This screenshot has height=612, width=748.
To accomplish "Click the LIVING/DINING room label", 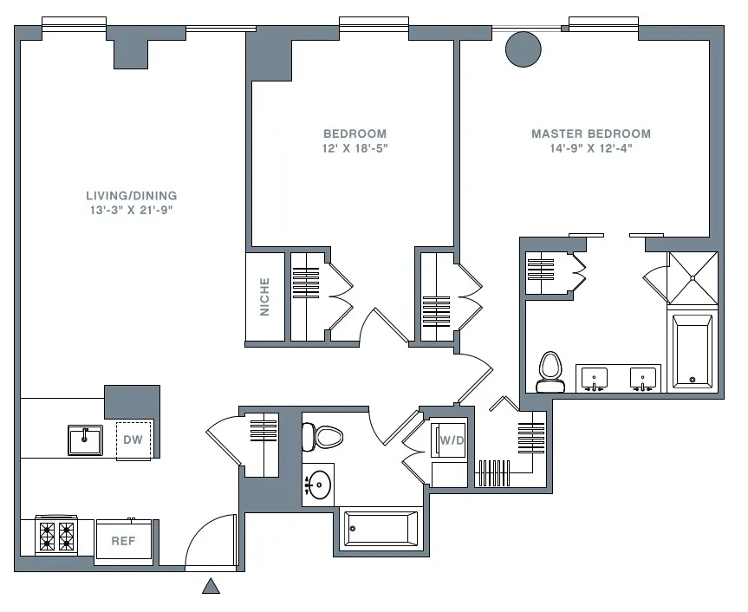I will [x=131, y=195].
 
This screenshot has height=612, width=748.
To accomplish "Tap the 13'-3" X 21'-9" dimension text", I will [x=131, y=210].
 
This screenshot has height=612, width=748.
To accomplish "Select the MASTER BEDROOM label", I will [x=590, y=133].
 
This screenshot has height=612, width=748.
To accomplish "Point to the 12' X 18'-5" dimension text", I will [x=354, y=148].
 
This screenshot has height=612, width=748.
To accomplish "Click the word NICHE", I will [x=265, y=296].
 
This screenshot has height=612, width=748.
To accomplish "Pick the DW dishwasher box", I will [x=133, y=439].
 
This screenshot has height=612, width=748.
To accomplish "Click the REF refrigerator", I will [x=123, y=540].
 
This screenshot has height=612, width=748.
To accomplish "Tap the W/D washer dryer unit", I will [x=452, y=439].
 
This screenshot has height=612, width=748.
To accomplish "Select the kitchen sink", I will [x=85, y=439].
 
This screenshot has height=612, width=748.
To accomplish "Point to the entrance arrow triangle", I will [x=211, y=587].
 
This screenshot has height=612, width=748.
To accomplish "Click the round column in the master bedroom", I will [x=523, y=49].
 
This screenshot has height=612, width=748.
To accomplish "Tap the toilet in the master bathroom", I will [x=550, y=369].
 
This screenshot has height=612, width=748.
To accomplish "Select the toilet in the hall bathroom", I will [x=326, y=436].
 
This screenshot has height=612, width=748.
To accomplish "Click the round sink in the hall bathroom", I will [x=320, y=484].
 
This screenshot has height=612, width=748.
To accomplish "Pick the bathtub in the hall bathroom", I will [x=381, y=527].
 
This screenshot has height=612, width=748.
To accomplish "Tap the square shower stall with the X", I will [x=693, y=277].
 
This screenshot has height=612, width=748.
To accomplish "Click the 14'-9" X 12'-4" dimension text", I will [x=590, y=148].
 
